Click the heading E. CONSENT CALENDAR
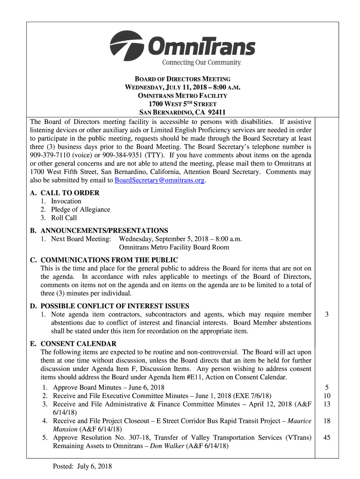pyautogui.click(x=73, y=344)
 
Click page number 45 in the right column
pyautogui.click(x=327, y=438)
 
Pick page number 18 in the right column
pyautogui.click(x=327, y=421)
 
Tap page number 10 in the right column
pyautogui.click(x=327, y=396)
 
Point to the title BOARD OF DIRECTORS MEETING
pyautogui.click(x=180, y=80)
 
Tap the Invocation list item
pyautogui.click(x=66, y=201)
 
